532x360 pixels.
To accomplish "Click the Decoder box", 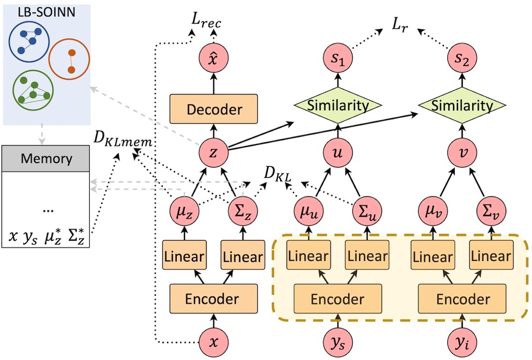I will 214,109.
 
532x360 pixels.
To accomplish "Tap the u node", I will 339,153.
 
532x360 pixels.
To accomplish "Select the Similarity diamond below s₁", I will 339,105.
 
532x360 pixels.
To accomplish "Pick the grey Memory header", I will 46,159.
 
